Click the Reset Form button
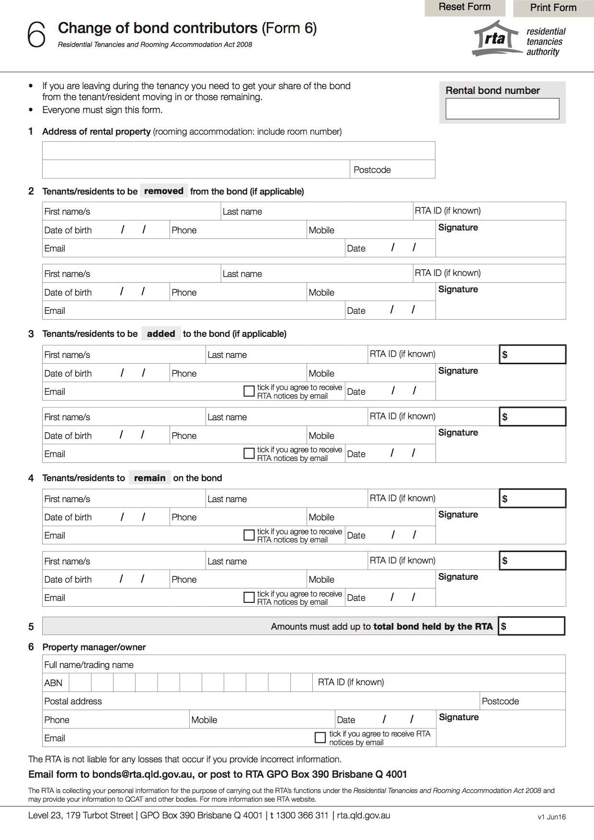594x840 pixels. click(464, 7)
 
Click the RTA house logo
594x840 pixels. click(496, 38)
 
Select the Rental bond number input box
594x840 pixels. click(502, 109)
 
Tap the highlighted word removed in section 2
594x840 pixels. click(164, 191)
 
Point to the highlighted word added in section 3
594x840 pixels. click(161, 334)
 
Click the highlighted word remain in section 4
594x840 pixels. click(149, 478)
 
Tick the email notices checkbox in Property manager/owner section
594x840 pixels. click(320, 737)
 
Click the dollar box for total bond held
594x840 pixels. click(532, 626)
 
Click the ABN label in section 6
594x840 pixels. click(53, 683)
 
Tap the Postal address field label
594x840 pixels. click(73, 701)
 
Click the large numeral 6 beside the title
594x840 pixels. click(36, 35)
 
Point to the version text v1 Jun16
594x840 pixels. click(551, 817)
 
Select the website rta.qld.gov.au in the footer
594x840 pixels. click(363, 815)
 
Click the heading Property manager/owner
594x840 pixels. click(94, 647)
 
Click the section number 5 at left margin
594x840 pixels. click(31, 626)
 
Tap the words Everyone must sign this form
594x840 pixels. click(102, 110)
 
